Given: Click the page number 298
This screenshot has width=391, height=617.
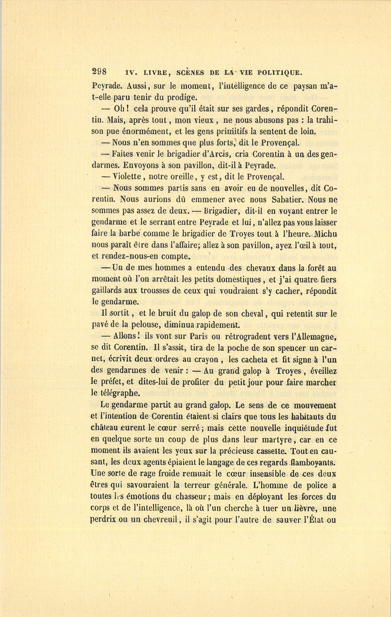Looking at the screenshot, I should pos(100,72).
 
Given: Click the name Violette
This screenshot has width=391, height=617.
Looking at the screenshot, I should pos(128,177).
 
